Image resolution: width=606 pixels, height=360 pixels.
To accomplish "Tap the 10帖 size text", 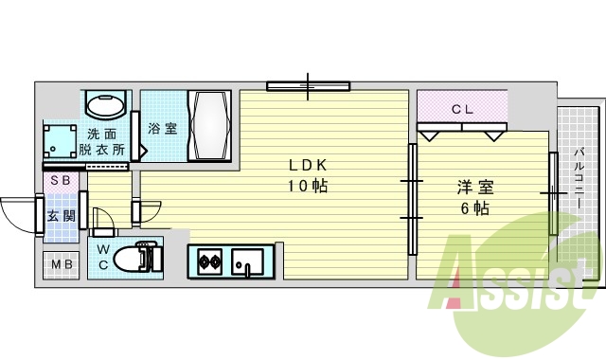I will pyautogui.click(x=308, y=186).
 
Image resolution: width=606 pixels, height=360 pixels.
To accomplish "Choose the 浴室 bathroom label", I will pyautogui.click(x=164, y=129).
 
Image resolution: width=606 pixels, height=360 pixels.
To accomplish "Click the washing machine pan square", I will pyautogui.click(x=62, y=141).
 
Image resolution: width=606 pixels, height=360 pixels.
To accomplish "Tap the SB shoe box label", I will pyautogui.click(x=59, y=180).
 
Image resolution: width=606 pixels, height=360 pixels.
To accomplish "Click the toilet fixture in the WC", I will pyautogui.click(x=147, y=257).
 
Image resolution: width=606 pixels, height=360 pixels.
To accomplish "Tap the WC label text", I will pyautogui.click(x=104, y=257).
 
